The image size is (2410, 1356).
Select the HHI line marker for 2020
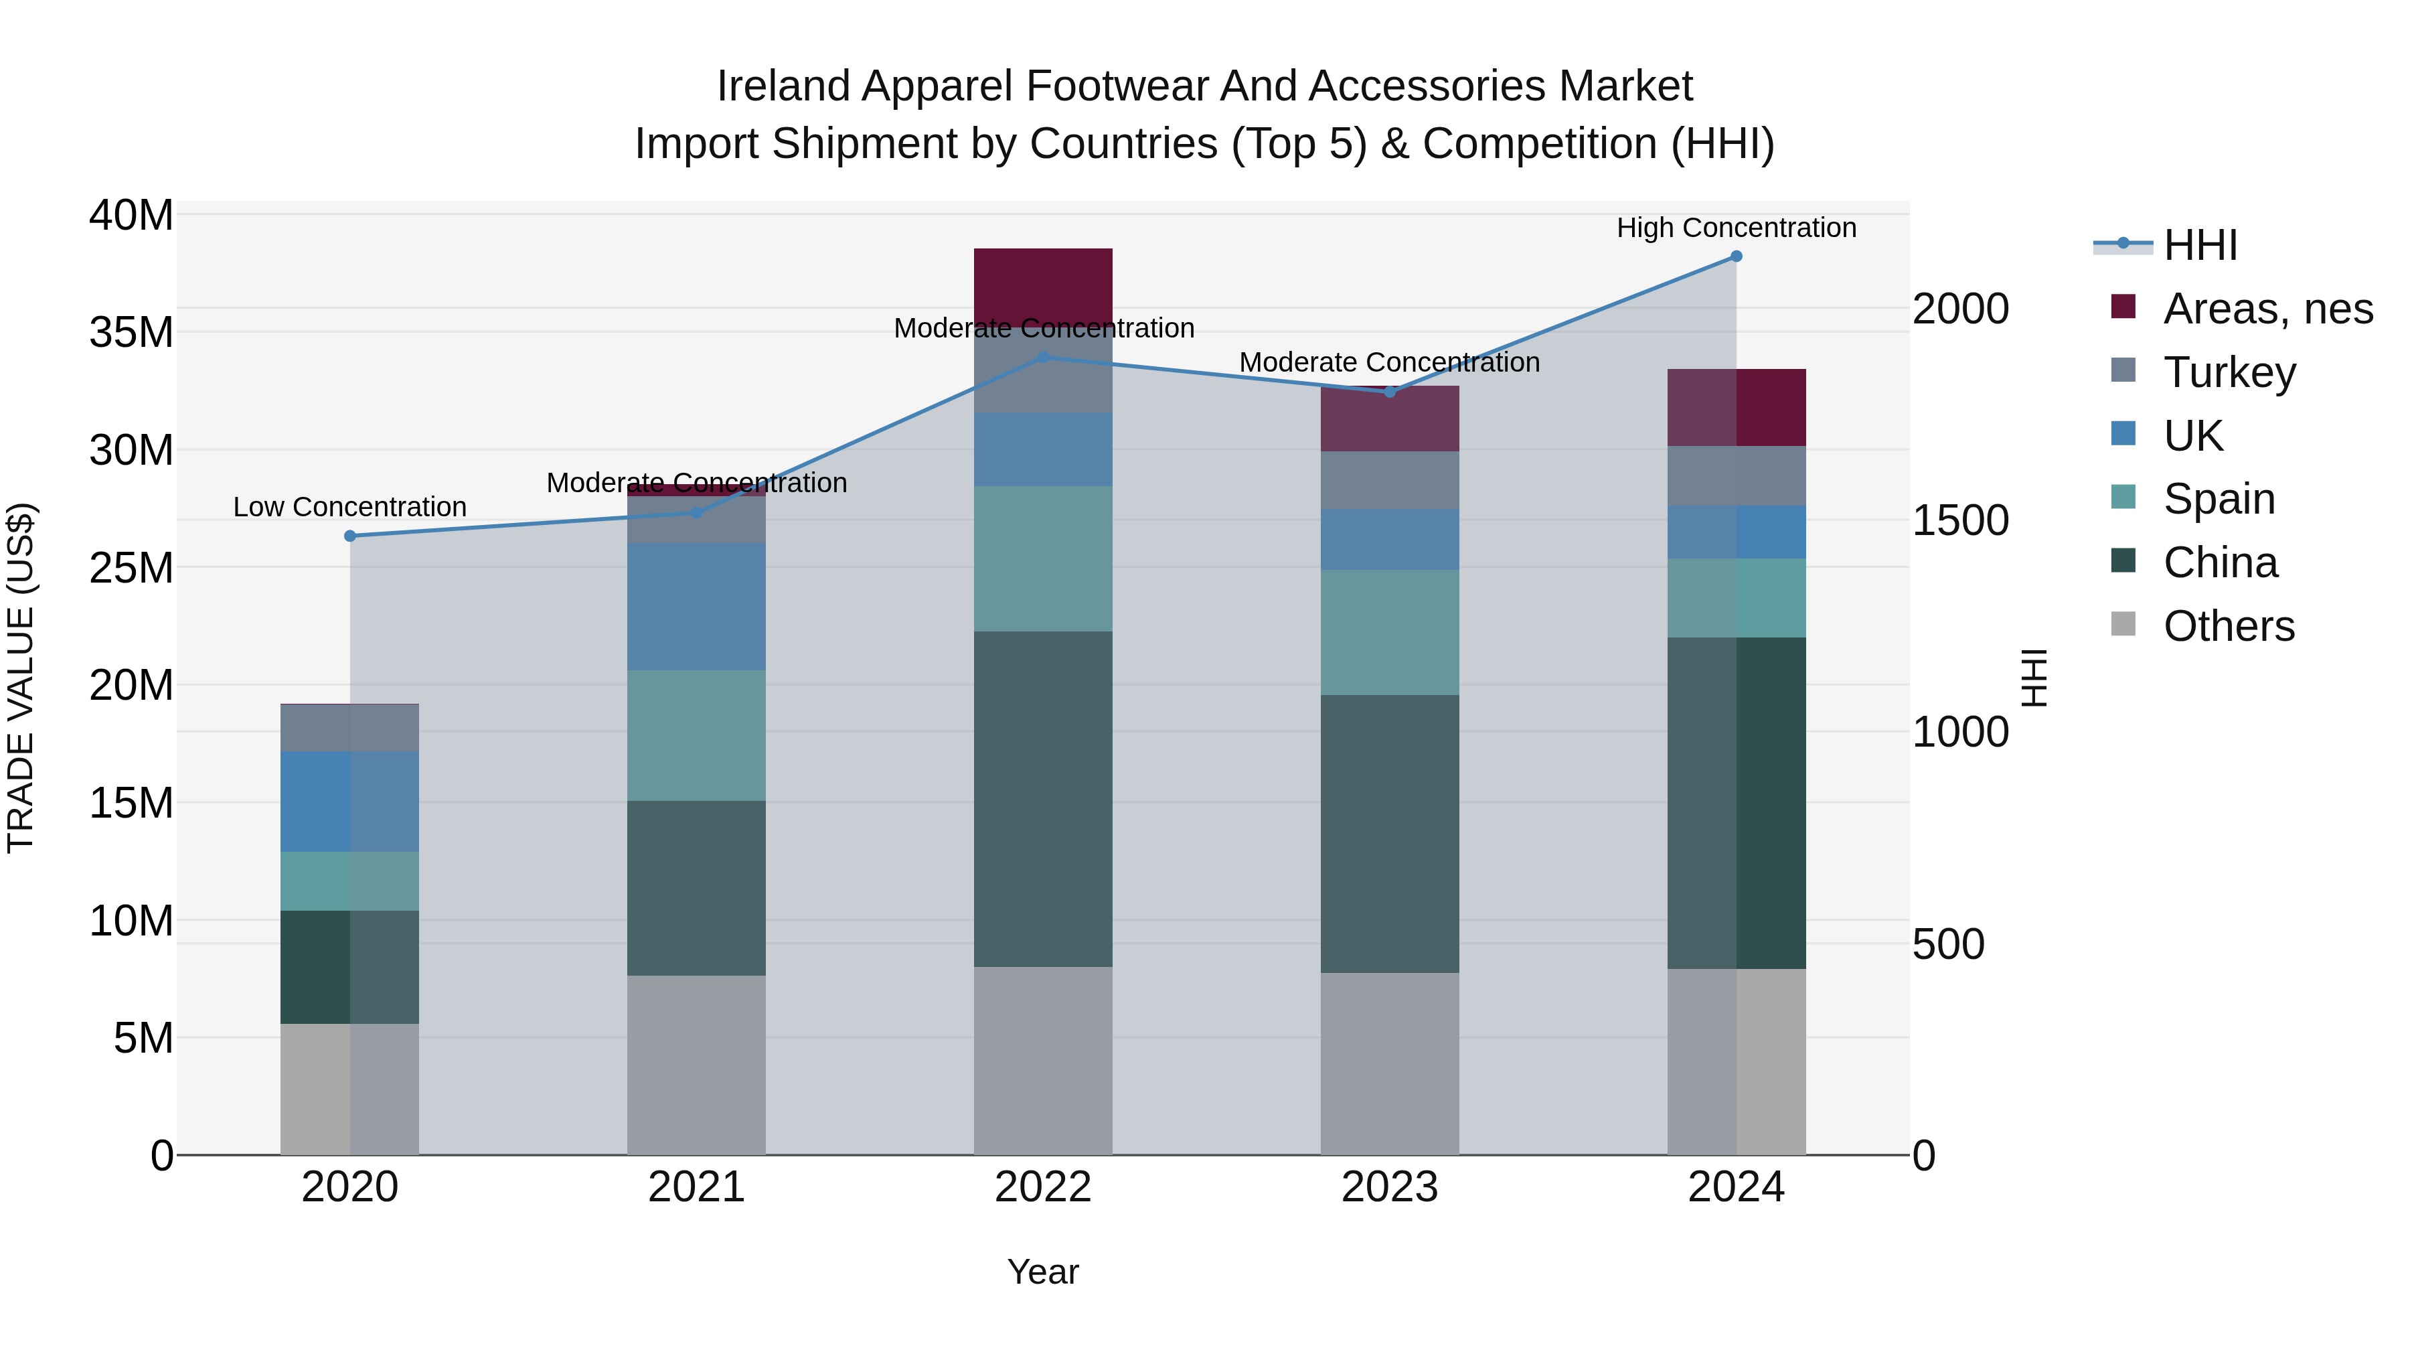tap(350, 536)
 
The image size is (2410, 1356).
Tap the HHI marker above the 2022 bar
tap(1043, 358)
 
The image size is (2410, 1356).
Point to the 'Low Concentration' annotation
tap(350, 507)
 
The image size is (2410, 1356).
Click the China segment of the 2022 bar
tap(1043, 798)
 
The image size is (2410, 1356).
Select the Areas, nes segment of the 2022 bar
tap(1043, 287)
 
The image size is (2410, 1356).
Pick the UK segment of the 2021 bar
tap(696, 607)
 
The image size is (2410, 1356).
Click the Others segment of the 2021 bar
tap(696, 1065)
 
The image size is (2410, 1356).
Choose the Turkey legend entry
tap(2229, 372)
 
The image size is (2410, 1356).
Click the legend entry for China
tap(2219, 562)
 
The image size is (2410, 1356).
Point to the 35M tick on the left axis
tap(131, 332)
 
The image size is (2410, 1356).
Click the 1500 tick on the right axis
tap(1960, 520)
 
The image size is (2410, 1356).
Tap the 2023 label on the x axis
tap(1389, 1187)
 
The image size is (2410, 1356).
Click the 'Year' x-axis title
tap(1042, 1272)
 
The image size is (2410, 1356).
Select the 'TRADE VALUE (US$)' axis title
tap(21, 678)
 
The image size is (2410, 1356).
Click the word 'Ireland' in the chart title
tap(783, 86)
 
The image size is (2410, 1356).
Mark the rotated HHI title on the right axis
tap(2034, 678)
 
